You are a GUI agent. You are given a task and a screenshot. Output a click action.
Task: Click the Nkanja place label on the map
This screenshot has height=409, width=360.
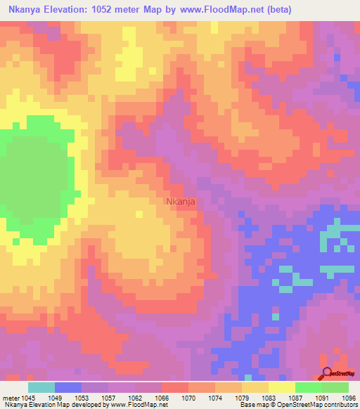181,201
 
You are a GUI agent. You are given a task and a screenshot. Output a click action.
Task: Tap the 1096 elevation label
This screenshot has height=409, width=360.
347,397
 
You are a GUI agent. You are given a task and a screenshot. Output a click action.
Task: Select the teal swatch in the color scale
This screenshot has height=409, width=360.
41,387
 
